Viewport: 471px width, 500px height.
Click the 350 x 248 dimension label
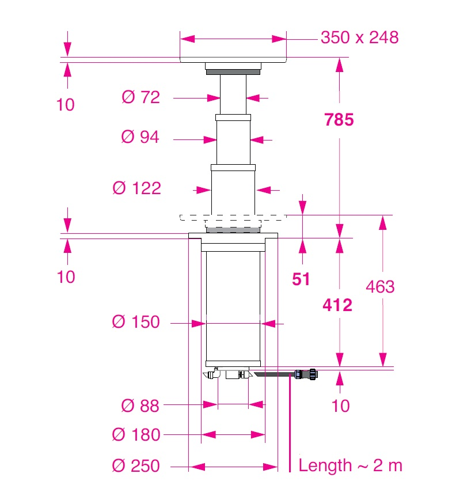point(359,38)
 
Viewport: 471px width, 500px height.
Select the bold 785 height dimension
point(339,120)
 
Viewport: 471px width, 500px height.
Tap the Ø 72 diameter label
point(140,97)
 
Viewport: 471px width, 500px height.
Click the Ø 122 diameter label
point(136,188)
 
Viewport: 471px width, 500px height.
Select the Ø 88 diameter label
point(140,406)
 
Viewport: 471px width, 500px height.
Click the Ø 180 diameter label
point(136,434)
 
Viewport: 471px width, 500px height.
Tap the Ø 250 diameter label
point(136,465)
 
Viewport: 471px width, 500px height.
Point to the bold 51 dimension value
point(301,279)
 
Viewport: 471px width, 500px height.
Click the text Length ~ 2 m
point(350,465)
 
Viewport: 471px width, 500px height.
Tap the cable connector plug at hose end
point(306,374)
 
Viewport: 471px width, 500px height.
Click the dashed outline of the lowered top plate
point(233,218)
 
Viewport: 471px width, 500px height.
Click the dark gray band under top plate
point(233,72)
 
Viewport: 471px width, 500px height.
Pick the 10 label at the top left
point(66,105)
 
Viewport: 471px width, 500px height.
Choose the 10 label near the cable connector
point(341,406)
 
